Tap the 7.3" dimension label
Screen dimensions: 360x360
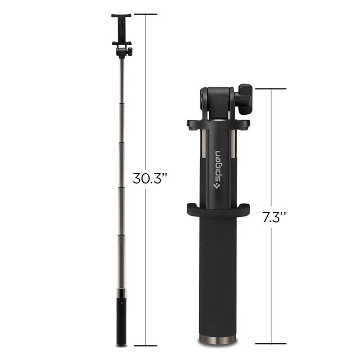coord(274,217)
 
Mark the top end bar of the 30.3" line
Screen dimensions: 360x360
coord(145,14)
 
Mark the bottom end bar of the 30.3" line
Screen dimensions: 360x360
coord(145,345)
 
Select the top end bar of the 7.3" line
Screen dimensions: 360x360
coord(271,89)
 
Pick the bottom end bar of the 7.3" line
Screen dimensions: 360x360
coord(271,344)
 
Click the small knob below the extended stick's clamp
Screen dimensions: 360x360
coord(130,50)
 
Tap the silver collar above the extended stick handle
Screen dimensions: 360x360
coord(121,293)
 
